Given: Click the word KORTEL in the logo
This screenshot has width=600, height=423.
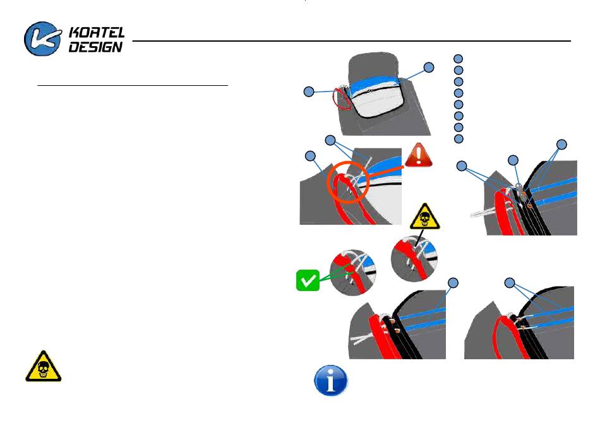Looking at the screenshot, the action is (97, 32).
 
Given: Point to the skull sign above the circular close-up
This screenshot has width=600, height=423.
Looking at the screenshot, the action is (425, 218).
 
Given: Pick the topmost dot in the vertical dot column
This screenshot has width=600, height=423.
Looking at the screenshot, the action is (459, 59).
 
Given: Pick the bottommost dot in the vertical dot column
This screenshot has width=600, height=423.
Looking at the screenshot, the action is (459, 138).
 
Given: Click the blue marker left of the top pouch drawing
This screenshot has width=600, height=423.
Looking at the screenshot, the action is (309, 92).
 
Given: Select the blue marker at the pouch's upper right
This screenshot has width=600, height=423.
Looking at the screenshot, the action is (429, 66).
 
